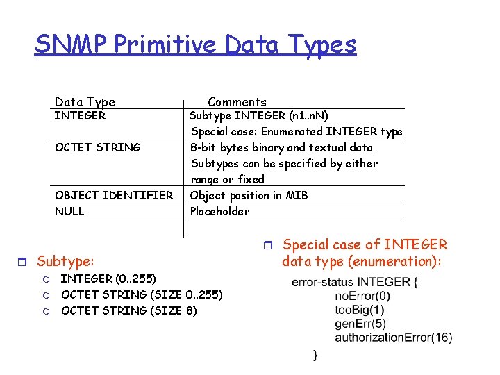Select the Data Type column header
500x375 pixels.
[x=85, y=102]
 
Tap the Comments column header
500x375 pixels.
[x=237, y=102]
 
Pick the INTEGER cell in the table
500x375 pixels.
[x=80, y=116]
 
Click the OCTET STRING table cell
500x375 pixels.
[x=97, y=147]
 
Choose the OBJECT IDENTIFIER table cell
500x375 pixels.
[x=114, y=196]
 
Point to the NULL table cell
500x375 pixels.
[x=69, y=211]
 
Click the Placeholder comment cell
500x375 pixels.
[x=219, y=211]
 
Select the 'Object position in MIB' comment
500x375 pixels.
[x=249, y=196]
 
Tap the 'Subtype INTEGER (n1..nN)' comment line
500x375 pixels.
[x=259, y=116]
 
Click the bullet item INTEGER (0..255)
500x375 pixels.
[x=108, y=279]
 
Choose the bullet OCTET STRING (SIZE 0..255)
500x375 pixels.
[x=142, y=295]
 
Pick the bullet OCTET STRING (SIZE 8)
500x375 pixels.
[x=128, y=310]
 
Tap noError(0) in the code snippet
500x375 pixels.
[x=362, y=296]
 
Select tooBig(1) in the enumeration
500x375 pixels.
[x=359, y=310]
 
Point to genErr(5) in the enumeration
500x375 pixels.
[x=360, y=324]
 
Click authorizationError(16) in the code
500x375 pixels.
[x=393, y=337]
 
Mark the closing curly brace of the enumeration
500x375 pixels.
[x=315, y=355]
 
